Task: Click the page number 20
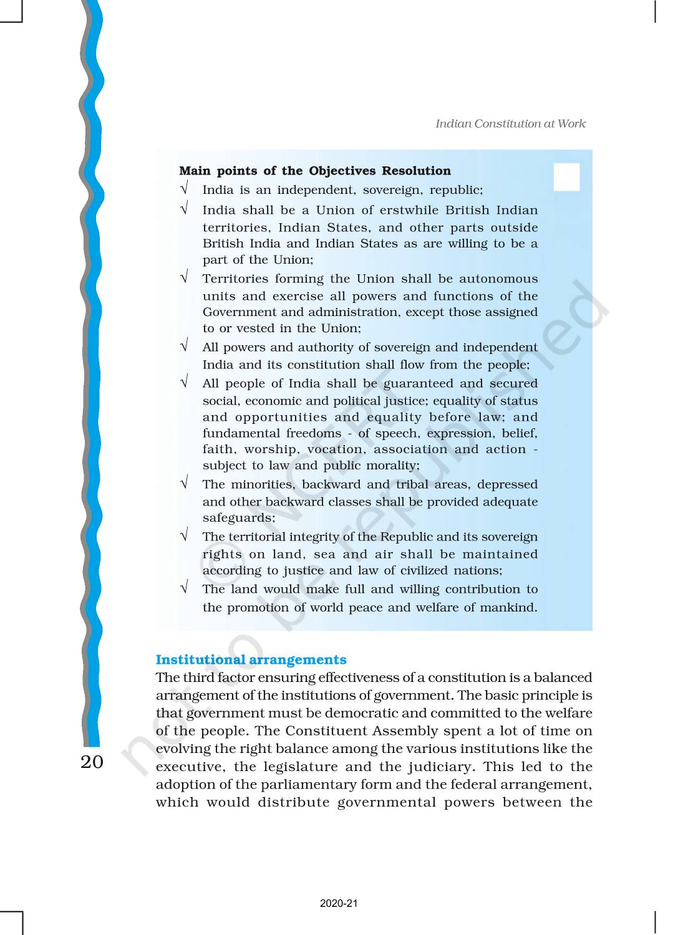[x=92, y=761]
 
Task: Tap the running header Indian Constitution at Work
[x=510, y=123]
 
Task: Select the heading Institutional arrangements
[x=251, y=659]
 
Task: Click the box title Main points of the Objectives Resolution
[x=314, y=171]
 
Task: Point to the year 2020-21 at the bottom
[x=339, y=903]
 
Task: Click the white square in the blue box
[x=566, y=177]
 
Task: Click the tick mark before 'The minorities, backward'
[x=184, y=482]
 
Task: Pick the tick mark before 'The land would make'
[x=184, y=587]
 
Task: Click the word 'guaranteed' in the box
[x=418, y=383]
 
